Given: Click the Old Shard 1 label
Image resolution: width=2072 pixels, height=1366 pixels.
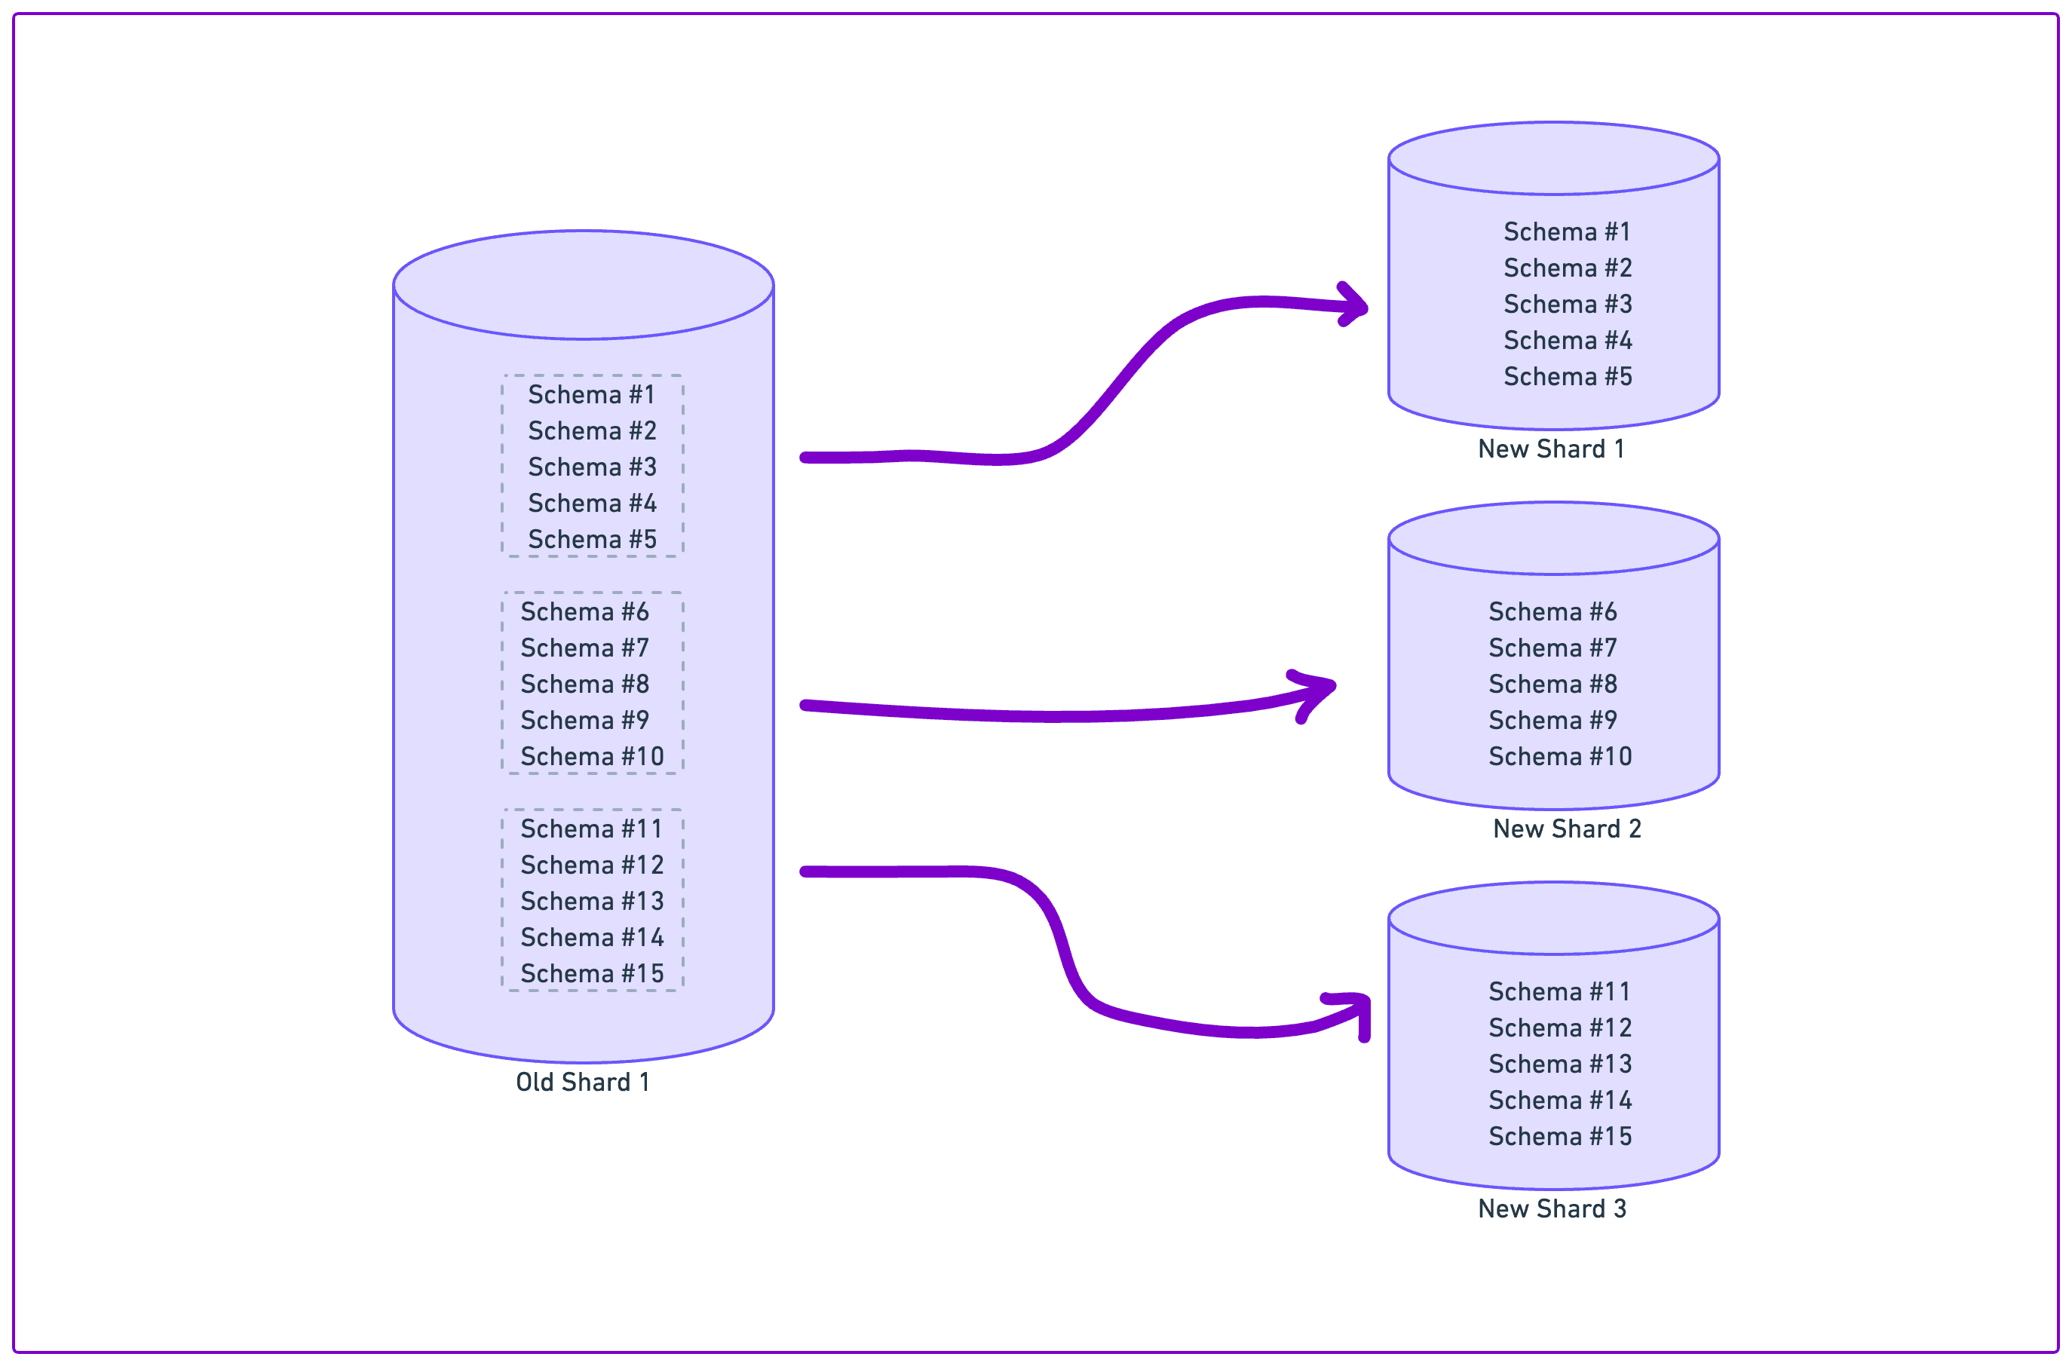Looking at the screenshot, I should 582,1082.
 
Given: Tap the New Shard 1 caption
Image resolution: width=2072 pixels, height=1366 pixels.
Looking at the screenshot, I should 1551,449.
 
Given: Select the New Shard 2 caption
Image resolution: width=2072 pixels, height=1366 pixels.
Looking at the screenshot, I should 1567,828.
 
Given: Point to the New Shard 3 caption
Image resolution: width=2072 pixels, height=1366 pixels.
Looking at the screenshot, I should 1552,1208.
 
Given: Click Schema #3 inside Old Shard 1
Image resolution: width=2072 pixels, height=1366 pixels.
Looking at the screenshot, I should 592,467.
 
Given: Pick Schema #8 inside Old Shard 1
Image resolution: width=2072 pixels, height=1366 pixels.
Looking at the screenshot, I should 584,684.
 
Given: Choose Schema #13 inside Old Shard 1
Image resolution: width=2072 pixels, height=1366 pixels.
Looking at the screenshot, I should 592,901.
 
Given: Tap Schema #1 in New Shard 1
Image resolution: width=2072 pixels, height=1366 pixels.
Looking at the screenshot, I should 1567,231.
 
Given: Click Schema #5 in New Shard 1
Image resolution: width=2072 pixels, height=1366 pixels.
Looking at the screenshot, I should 1568,376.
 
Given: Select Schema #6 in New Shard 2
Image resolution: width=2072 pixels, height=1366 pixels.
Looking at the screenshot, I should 1552,611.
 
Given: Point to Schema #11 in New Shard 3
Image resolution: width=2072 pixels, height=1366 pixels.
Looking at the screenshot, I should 1559,991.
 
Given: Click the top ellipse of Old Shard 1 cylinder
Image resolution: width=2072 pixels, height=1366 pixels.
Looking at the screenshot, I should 583,285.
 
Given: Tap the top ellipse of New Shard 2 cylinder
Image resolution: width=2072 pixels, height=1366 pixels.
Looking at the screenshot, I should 1552,538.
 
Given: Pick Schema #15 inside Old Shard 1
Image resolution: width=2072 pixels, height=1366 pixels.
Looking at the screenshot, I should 592,973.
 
